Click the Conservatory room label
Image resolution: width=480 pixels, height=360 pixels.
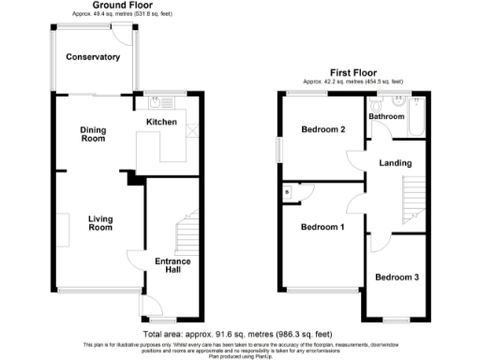(93, 57)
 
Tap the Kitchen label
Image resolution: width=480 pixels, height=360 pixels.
(162, 122)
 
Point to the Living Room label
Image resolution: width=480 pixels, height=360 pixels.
(100, 223)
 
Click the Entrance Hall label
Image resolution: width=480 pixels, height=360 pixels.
(172, 266)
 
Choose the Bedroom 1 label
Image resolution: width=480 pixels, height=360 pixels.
(322, 227)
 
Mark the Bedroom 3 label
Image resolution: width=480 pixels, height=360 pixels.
(397, 277)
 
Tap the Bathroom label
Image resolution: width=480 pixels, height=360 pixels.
(386, 116)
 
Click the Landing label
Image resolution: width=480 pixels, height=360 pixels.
(395, 163)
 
